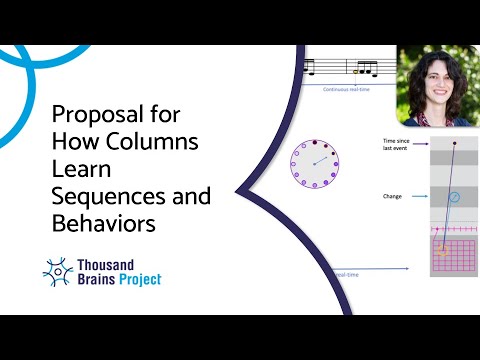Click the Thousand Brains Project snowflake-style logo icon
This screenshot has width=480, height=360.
pyautogui.click(x=58, y=271)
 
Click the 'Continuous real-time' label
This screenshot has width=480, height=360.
pyautogui.click(x=346, y=89)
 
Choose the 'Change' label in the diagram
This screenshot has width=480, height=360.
pyautogui.click(x=393, y=196)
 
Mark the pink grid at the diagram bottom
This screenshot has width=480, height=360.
pyautogui.click(x=454, y=256)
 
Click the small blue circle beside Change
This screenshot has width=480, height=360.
pyautogui.click(x=455, y=197)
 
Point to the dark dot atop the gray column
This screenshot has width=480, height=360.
pyautogui.click(x=454, y=144)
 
